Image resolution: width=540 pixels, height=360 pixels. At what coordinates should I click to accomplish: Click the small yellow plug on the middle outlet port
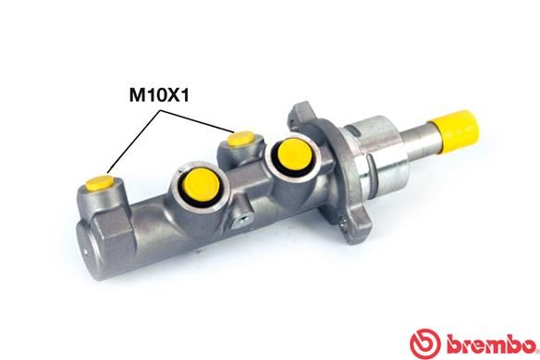coord(239,140)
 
